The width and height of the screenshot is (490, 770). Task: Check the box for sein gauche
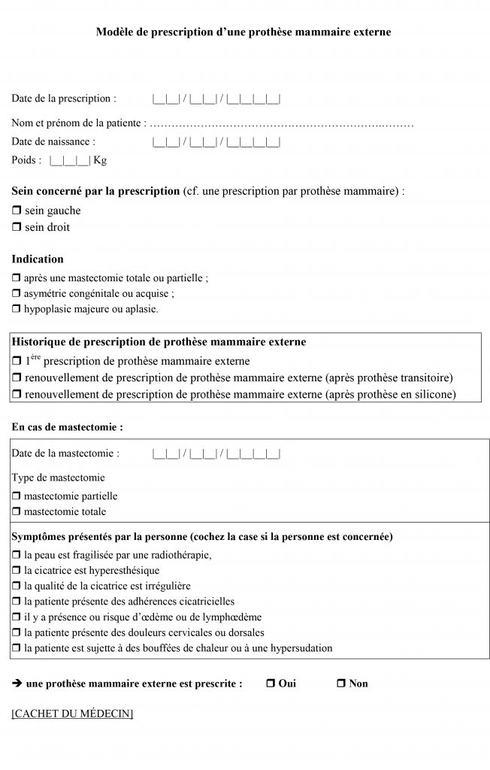coord(17,211)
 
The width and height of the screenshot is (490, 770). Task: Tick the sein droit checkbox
coord(17,227)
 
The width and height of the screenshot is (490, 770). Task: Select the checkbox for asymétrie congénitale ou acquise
coord(17,293)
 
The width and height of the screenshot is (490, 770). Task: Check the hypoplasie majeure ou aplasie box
coord(17,309)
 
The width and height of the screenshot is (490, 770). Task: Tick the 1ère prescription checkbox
coord(17,361)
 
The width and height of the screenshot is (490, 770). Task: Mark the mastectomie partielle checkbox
coord(17,496)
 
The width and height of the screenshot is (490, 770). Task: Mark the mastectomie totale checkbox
coord(17,512)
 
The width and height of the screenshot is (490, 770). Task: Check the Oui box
coord(271,684)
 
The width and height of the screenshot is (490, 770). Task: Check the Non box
coord(340,684)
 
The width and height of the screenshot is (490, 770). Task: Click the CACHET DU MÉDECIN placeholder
coord(72,713)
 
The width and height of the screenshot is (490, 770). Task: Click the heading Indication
coord(38,259)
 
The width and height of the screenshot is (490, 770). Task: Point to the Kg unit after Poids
coord(100,160)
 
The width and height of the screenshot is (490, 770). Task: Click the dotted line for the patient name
coord(283,123)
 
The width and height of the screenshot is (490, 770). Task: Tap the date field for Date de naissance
coord(216,141)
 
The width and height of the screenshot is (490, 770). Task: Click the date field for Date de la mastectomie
coord(216,453)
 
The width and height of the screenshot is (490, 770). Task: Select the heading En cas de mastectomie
coord(67,426)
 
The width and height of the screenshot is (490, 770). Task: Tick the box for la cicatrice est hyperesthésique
coord(17,571)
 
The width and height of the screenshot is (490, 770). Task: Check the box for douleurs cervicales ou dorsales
coord(17,633)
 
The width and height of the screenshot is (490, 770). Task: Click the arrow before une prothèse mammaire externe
coord(17,684)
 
